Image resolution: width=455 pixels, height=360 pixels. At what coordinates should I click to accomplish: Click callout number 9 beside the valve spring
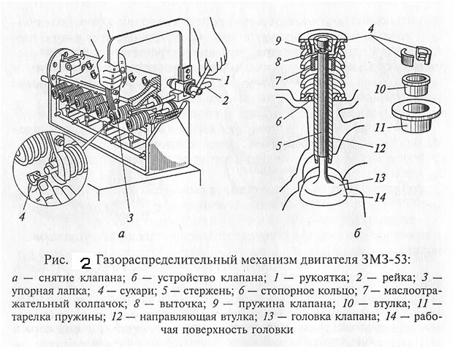tap(278, 39)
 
